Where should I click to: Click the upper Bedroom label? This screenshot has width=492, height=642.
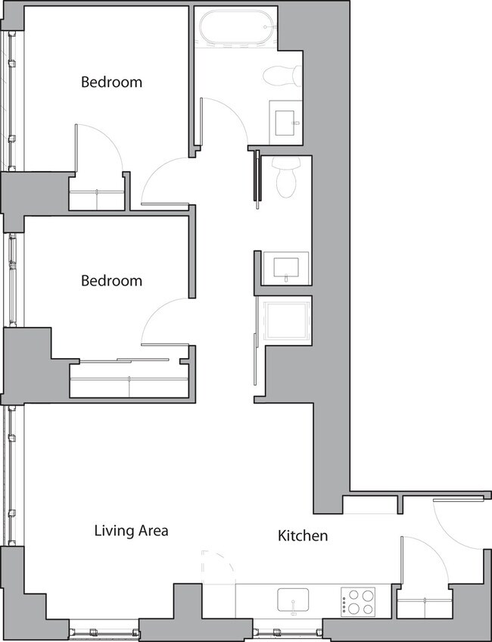click(x=111, y=82)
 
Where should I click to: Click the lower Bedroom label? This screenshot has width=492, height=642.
click(x=111, y=281)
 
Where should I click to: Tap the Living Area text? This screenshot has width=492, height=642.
click(x=131, y=531)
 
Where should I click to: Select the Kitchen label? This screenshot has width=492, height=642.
click(x=303, y=536)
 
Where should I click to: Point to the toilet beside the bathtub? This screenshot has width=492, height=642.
click(x=282, y=75)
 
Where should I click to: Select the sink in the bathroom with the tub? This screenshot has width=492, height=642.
click(x=285, y=121)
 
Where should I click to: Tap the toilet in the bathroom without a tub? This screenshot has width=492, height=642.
click(x=285, y=179)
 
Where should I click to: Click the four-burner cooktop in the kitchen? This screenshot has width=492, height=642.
click(x=358, y=602)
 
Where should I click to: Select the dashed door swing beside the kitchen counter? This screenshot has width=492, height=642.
click(x=217, y=567)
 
